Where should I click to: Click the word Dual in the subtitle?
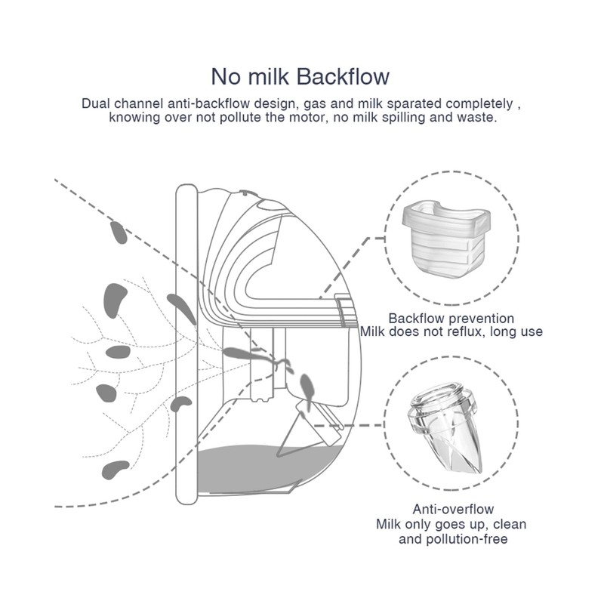coord(97,103)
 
